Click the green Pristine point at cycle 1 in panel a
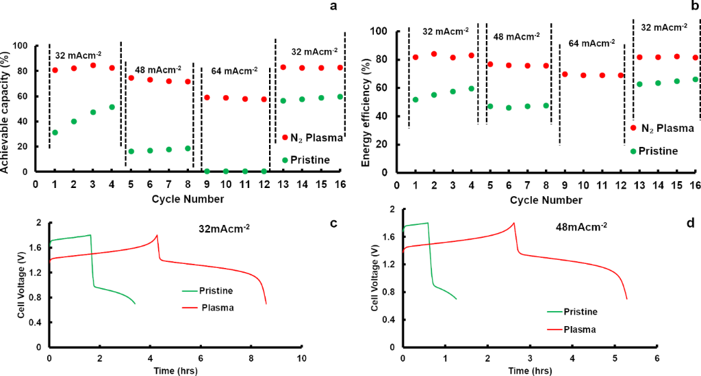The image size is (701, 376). pyautogui.click(x=55, y=132)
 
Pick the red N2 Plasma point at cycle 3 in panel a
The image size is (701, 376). pyautogui.click(x=92, y=66)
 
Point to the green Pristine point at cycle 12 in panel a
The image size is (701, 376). pyautogui.click(x=264, y=171)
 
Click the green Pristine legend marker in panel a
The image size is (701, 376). pyautogui.click(x=284, y=160)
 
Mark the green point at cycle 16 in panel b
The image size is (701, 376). pyautogui.click(x=696, y=79)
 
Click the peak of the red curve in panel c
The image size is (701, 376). pyautogui.click(x=157, y=235)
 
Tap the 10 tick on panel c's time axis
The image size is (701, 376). pyautogui.click(x=301, y=358)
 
